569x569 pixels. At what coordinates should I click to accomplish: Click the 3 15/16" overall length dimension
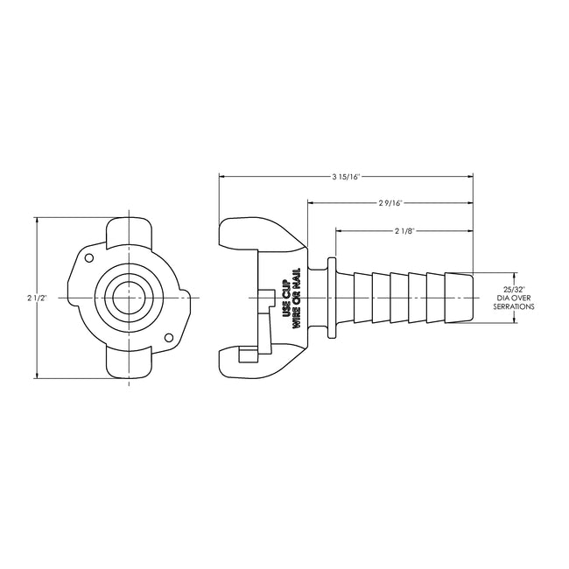347,176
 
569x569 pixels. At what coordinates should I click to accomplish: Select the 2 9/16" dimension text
390,203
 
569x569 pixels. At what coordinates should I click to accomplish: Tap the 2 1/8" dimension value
404,231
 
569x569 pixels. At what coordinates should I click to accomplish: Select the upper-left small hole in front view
88,257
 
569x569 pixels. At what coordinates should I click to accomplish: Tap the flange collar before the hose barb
331,298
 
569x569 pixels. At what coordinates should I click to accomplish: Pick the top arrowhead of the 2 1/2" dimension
38,221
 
